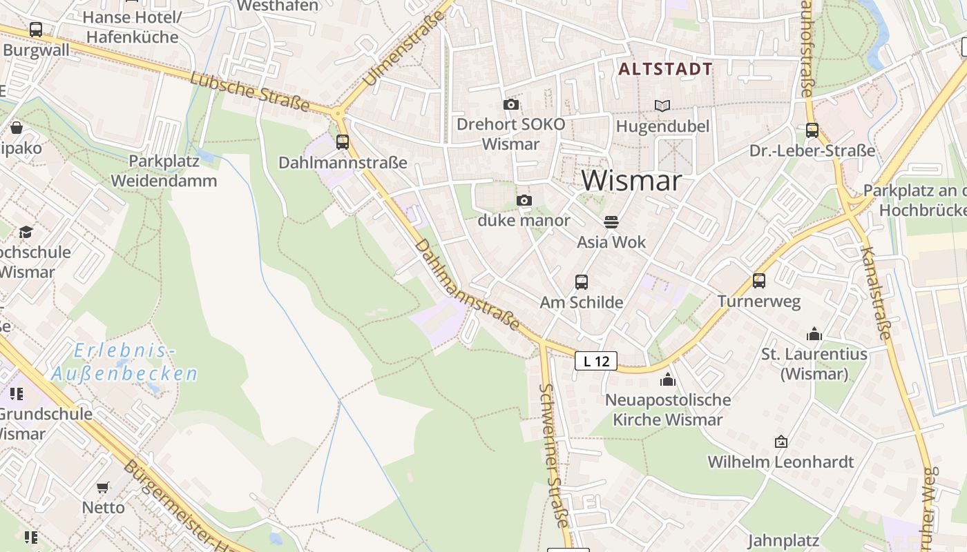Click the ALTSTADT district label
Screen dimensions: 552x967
665,69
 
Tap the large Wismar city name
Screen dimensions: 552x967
631,181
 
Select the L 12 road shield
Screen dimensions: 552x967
595,360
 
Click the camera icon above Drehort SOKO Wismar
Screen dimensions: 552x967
511,104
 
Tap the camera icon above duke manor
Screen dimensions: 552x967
524,201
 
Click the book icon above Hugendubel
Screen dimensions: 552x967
662,106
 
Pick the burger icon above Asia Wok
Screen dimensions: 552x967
611,222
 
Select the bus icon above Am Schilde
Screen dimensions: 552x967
582,282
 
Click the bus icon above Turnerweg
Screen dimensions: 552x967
759,280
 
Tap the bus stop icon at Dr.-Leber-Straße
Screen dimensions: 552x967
812,130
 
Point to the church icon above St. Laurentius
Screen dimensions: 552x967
814,335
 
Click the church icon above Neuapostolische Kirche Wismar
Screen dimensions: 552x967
667,379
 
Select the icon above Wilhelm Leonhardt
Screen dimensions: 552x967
781,442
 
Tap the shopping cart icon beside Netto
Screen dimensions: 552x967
103,487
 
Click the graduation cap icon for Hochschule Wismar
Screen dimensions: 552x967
26,232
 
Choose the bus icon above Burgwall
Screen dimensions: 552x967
36,30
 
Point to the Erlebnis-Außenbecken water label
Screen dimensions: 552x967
124,362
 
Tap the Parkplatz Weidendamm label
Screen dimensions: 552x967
164,171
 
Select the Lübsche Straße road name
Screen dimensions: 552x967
249,92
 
